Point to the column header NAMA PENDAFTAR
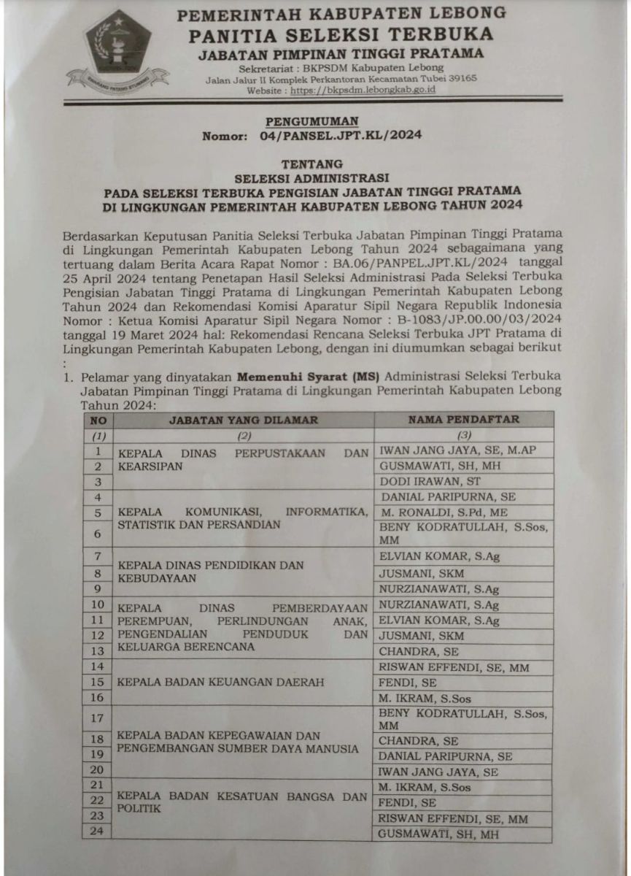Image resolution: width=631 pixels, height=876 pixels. [463, 420]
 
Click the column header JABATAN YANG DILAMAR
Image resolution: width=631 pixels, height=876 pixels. [244, 420]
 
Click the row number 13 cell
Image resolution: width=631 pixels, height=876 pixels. [98, 651]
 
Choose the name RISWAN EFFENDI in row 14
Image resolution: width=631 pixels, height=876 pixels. [454, 667]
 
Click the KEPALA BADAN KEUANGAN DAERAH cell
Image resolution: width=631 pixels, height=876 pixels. [212, 682]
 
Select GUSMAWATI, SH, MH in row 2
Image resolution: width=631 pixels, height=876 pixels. [439, 466]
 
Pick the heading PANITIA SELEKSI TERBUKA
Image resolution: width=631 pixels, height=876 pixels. [341, 34]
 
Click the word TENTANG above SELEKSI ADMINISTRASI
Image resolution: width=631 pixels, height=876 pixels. [311, 164]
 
